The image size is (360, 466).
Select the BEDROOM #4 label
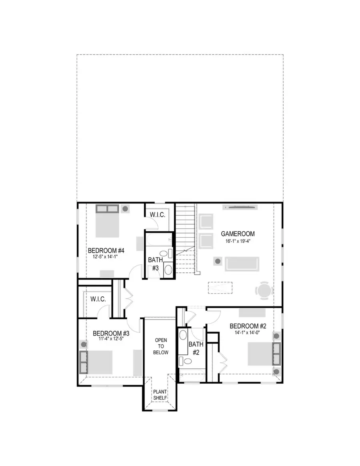(106, 251)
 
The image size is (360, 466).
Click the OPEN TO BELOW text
(161, 346)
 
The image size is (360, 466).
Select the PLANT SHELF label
(160, 395)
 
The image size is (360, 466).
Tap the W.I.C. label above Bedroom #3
(98, 298)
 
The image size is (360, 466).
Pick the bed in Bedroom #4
(107, 225)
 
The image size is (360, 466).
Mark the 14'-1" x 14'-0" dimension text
(245, 333)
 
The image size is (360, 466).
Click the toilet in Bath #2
(186, 361)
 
